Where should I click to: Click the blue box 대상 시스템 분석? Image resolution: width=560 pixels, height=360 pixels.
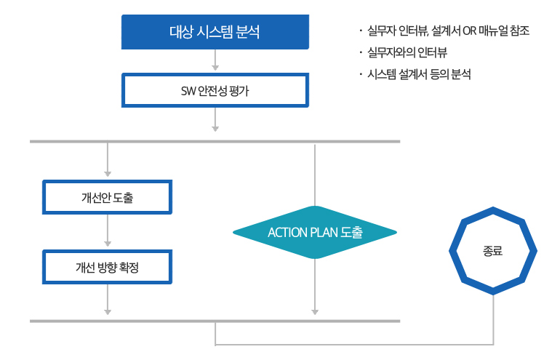tap(215, 32)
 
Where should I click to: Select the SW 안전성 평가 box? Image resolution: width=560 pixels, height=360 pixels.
tap(215, 90)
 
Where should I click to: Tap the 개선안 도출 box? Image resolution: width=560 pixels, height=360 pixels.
tap(107, 197)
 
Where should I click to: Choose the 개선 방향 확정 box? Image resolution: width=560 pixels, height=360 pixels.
tap(107, 267)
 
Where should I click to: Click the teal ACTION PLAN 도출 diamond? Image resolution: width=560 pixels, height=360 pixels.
tap(315, 232)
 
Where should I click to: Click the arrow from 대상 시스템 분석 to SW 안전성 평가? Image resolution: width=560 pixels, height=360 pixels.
tap(215, 60)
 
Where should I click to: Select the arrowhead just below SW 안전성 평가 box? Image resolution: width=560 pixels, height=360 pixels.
tap(215, 129)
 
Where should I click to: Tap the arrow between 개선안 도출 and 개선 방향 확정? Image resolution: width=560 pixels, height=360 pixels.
tap(108, 231)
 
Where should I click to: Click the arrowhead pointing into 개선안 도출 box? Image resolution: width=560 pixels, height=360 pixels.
tap(108, 174)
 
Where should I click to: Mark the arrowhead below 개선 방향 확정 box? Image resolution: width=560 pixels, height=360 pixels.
tap(108, 312)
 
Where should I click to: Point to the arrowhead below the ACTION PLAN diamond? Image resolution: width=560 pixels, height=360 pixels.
tap(315, 312)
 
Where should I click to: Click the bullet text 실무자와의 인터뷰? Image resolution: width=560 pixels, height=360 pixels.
tap(407, 53)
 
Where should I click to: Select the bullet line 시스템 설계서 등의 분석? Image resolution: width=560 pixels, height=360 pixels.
tap(419, 74)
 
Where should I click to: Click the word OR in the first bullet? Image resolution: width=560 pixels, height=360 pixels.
tap(469, 31)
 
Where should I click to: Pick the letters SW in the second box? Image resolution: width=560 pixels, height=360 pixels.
tap(188, 91)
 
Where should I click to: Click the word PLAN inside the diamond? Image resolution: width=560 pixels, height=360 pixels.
tap(324, 233)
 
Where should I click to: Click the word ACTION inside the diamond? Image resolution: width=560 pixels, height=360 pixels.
tap(287, 233)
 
